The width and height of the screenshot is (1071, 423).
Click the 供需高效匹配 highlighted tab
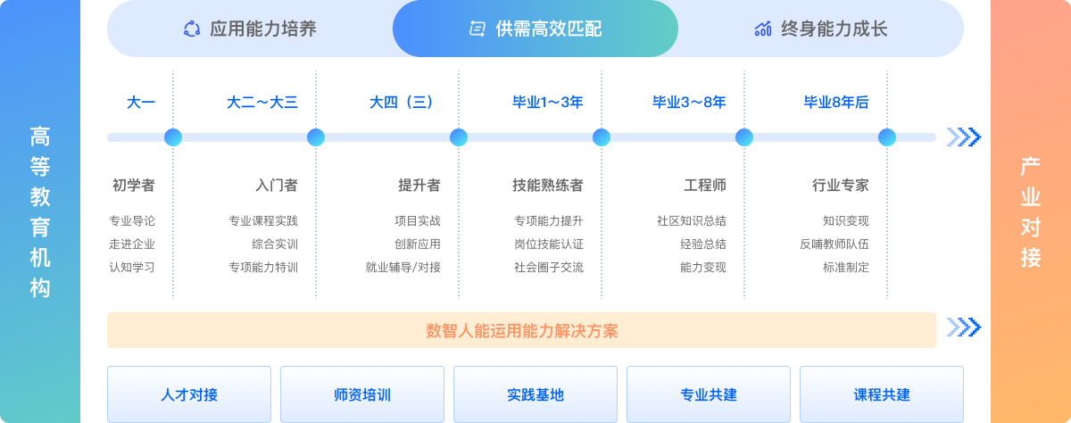pos(535,29)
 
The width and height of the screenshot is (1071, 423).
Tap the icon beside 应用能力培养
pos(192,29)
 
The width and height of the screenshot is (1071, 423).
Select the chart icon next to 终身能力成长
pos(763,29)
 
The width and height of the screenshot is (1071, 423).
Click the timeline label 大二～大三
pos(262,103)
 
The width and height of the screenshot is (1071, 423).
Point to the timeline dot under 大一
pos(173,137)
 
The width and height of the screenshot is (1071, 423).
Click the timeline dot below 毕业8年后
pos(887,137)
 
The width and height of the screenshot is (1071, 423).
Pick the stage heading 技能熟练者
pos(548,185)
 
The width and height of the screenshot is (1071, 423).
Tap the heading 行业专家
pos(841,185)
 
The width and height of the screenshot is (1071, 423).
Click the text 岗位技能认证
pos(549,245)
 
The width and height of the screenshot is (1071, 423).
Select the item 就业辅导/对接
pos(403,267)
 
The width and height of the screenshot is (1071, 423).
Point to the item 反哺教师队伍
pos(834,245)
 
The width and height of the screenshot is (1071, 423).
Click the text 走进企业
pos(132,245)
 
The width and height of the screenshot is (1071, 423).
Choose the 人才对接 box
pos(189,394)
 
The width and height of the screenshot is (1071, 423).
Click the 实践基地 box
pos(535,394)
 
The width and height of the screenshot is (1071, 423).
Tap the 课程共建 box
pos(882,394)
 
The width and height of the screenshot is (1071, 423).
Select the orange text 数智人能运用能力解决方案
pos(521,331)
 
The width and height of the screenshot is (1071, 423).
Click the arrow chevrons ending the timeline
pos(964,137)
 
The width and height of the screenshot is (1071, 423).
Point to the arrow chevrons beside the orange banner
pos(964,328)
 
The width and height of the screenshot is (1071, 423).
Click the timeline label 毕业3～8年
pos(689,103)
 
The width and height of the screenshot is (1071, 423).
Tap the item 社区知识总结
pos(692,220)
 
